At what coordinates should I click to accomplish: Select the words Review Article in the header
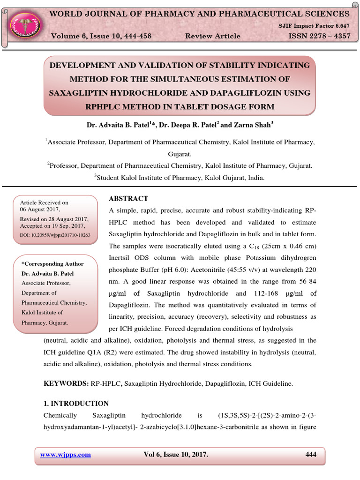click(x=213, y=36)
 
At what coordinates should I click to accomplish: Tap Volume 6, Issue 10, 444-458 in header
click(x=101, y=36)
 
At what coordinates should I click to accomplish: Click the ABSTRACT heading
click(x=128, y=199)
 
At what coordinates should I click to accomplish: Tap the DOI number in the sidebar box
click(x=55, y=234)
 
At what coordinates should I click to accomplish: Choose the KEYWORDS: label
click(x=66, y=383)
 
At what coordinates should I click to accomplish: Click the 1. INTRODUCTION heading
click(x=76, y=404)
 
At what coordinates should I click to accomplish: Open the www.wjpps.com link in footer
click(x=66, y=455)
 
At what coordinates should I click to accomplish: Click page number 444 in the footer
click(x=310, y=455)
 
